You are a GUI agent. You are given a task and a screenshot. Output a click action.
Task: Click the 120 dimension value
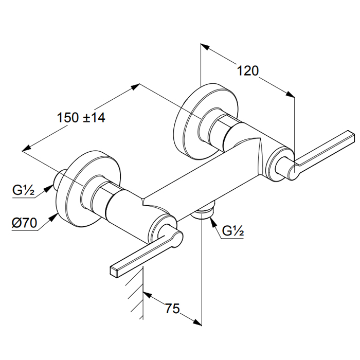(247, 70)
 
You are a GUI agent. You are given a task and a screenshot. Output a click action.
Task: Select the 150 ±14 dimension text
(81, 118)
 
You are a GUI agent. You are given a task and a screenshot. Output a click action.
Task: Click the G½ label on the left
(24, 192)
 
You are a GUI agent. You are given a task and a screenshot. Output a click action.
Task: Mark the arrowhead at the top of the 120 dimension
(204, 47)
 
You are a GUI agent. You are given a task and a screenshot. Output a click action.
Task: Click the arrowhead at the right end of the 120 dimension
(291, 94)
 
